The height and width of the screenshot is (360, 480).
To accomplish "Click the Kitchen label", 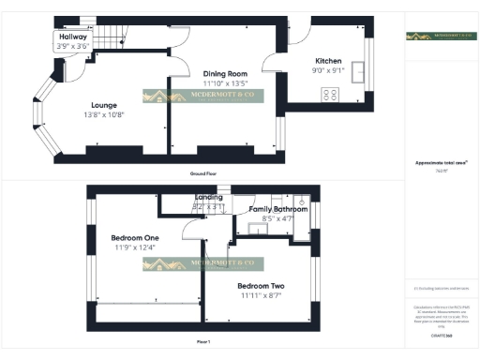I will [x=328, y=60].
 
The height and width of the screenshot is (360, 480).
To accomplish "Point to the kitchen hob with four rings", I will [x=331, y=94].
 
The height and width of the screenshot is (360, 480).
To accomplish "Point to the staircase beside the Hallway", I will [x=110, y=38].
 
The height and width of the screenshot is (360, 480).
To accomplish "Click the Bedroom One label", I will [x=135, y=238].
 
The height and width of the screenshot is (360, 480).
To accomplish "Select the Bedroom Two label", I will [x=261, y=286].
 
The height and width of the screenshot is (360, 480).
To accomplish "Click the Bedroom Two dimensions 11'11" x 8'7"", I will [x=261, y=295].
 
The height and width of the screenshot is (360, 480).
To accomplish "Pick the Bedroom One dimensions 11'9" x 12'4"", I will [x=135, y=247].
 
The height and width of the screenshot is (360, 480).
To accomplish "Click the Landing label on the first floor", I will [x=208, y=198].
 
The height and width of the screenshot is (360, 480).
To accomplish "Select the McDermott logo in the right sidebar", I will [x=441, y=37].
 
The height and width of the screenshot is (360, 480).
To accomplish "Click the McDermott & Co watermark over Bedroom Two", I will [x=203, y=264].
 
